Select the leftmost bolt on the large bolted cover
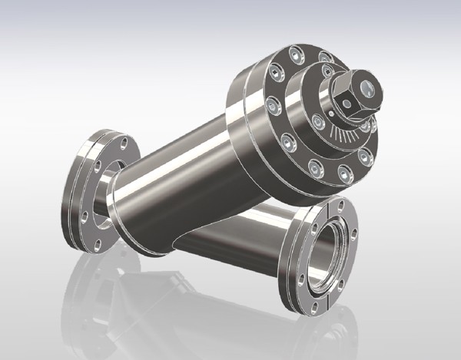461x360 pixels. [x=271, y=104]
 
